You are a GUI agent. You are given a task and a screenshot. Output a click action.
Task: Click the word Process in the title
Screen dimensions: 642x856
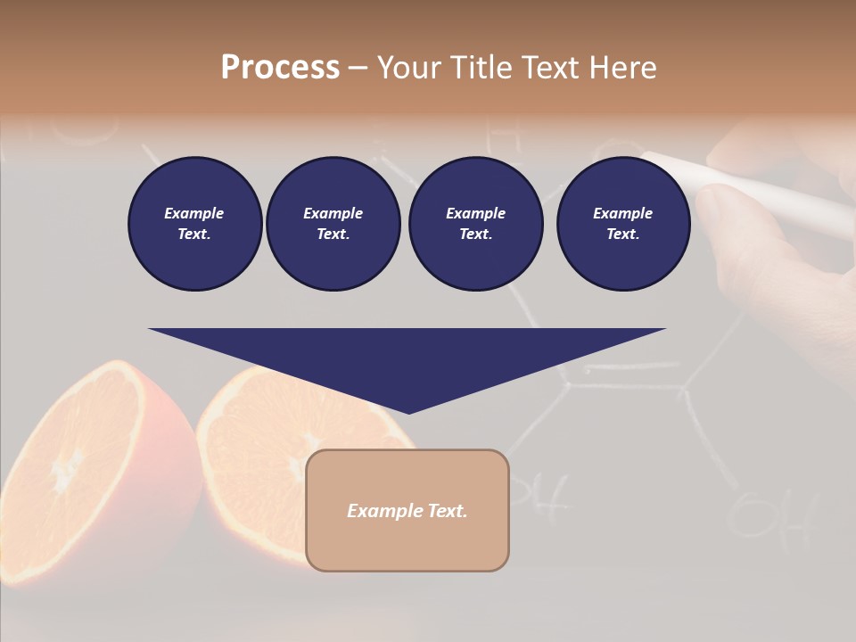280,68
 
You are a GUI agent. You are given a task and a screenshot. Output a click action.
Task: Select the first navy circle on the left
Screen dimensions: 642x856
194,224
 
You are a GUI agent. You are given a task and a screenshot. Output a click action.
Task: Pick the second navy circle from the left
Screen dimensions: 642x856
333,224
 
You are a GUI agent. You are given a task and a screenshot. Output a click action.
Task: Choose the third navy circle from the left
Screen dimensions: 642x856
475,224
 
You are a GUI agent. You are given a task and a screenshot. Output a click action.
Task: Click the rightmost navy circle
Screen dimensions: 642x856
622,224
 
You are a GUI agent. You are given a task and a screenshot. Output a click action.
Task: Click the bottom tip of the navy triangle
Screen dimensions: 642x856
408,412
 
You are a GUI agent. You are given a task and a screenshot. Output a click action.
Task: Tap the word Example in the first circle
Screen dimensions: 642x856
194,213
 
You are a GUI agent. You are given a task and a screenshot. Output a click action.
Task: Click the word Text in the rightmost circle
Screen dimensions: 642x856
622,235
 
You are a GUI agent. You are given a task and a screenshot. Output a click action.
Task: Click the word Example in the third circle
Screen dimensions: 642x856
475,213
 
